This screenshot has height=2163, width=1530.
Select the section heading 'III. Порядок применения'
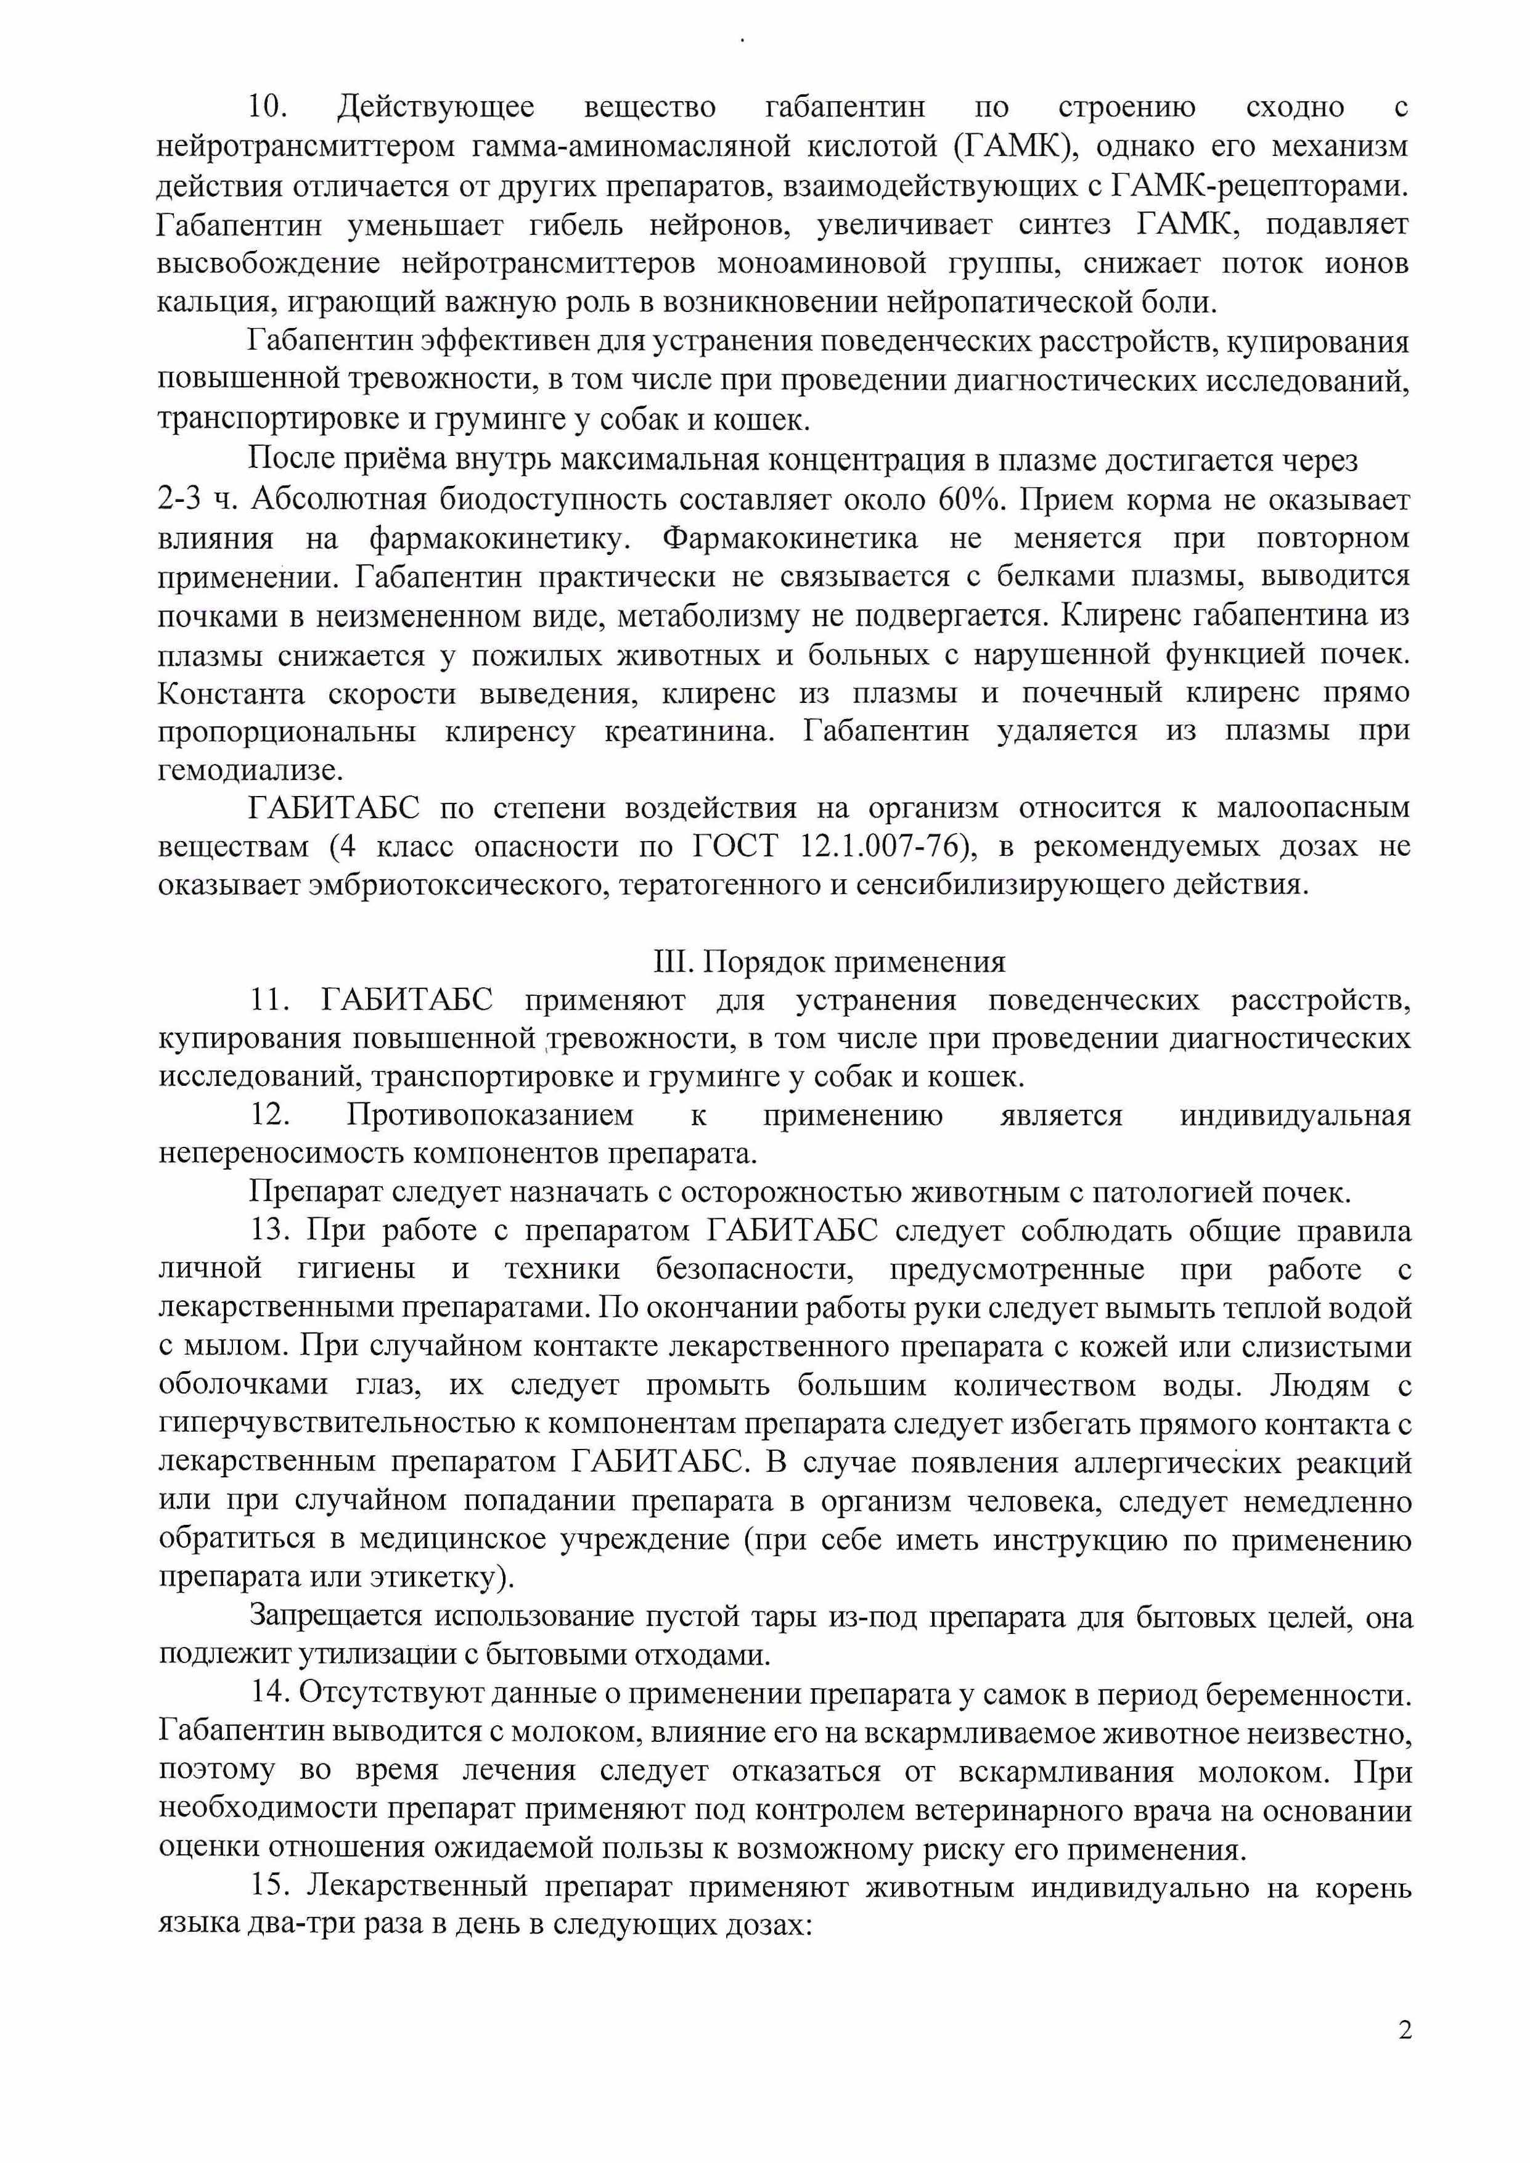click(x=829, y=962)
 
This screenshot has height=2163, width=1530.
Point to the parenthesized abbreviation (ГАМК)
click(x=1013, y=147)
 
